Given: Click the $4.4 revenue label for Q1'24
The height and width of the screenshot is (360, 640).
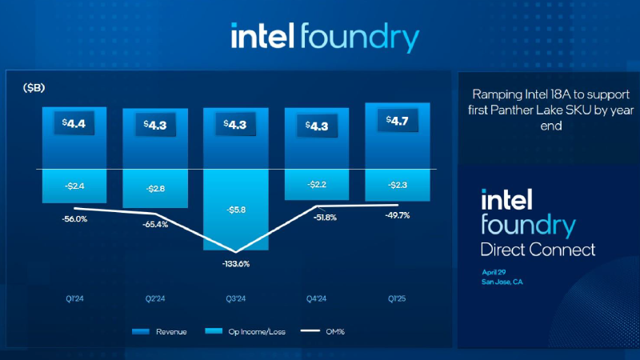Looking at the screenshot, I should pyautogui.click(x=74, y=123).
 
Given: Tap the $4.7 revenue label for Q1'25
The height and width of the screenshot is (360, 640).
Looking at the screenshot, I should pyautogui.click(x=398, y=121).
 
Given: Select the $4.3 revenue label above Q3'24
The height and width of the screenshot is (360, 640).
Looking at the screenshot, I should pyautogui.click(x=236, y=125).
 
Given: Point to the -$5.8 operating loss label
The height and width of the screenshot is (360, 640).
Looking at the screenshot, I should pyautogui.click(x=236, y=210).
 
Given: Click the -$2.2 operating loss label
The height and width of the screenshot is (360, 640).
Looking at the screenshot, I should pyautogui.click(x=317, y=185).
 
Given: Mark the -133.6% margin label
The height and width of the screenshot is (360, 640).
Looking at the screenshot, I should pyautogui.click(x=236, y=264).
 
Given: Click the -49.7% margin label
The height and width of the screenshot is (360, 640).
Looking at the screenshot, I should pyautogui.click(x=398, y=216).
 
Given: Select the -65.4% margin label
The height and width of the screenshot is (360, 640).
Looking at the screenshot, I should pyautogui.click(x=155, y=225).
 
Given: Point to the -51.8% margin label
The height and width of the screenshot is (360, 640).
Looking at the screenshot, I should pyautogui.click(x=317, y=216).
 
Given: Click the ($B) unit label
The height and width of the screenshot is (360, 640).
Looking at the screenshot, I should pyautogui.click(x=34, y=87).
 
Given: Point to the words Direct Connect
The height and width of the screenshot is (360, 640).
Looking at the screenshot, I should pyautogui.click(x=538, y=250).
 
